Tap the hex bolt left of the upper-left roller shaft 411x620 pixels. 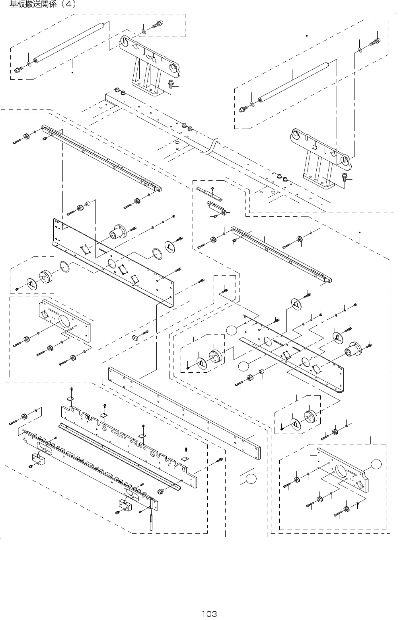(18, 70)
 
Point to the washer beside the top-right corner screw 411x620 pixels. (360, 50)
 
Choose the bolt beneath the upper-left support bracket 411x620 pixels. (171, 85)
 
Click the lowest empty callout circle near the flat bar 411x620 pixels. (251, 479)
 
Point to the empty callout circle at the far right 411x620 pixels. (375, 464)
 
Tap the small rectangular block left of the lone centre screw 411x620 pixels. (134, 338)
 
